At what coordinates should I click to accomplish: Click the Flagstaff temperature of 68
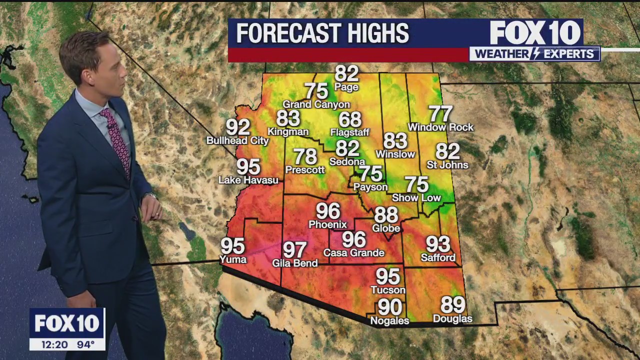pos(349,120)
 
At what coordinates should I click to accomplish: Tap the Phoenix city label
pos(327,224)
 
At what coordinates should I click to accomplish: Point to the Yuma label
pos(233,259)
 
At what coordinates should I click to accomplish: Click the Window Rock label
pos(440,127)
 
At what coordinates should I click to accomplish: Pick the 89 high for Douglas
pos(452,305)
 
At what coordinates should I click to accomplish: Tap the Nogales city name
pos(389,320)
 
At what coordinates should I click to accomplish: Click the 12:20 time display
pos(48,344)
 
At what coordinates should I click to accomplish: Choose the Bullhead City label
pos(237,141)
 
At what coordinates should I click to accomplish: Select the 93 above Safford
pos(438,244)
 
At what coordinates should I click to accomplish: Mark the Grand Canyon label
pos(316,104)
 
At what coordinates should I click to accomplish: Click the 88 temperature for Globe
pos(386,215)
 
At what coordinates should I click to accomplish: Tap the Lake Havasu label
pos(248,180)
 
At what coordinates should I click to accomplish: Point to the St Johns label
pos(447,165)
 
